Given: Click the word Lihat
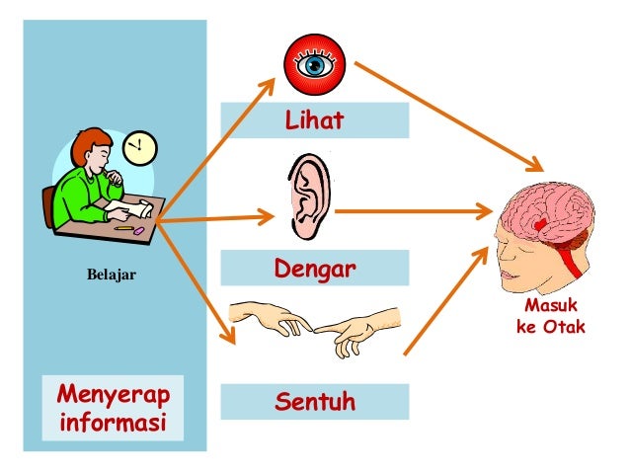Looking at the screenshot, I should coord(314,120).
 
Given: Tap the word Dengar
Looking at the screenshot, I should coord(313,269).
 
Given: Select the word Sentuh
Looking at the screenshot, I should coord(313,402).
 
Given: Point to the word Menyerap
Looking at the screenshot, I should coord(113,396).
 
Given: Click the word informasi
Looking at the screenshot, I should coord(113,426).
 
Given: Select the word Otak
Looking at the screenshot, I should coord(565,327).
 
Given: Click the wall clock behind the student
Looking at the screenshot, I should coord(140,148).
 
